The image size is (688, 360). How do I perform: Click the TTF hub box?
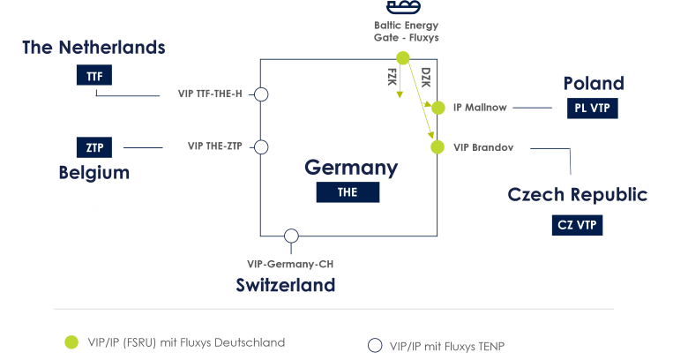[x=94, y=76]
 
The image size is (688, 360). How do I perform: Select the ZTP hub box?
[x=94, y=146]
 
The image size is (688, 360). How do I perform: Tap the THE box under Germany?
[x=348, y=192]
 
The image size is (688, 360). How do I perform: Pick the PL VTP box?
[x=593, y=109]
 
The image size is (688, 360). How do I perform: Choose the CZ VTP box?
[x=577, y=225]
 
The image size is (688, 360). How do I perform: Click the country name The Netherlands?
[x=93, y=47]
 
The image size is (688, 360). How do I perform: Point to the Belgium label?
[x=94, y=172]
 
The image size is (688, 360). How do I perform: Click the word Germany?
[x=351, y=167]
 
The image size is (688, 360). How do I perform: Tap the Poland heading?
[x=594, y=83]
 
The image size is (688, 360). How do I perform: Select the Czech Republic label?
[x=577, y=194]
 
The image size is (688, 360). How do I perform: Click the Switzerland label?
[x=285, y=285]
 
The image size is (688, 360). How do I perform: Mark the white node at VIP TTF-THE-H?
[x=261, y=94]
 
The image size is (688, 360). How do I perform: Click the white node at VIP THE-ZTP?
[x=261, y=146]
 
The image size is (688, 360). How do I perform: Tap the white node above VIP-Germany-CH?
[x=292, y=236]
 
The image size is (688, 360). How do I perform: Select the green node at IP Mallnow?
[x=438, y=108]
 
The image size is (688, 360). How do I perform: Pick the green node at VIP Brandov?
[x=437, y=146]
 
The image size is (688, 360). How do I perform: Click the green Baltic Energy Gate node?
[x=403, y=58]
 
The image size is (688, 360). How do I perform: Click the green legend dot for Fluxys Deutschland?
[x=71, y=341]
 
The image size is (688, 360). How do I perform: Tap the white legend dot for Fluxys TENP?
[x=374, y=346]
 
